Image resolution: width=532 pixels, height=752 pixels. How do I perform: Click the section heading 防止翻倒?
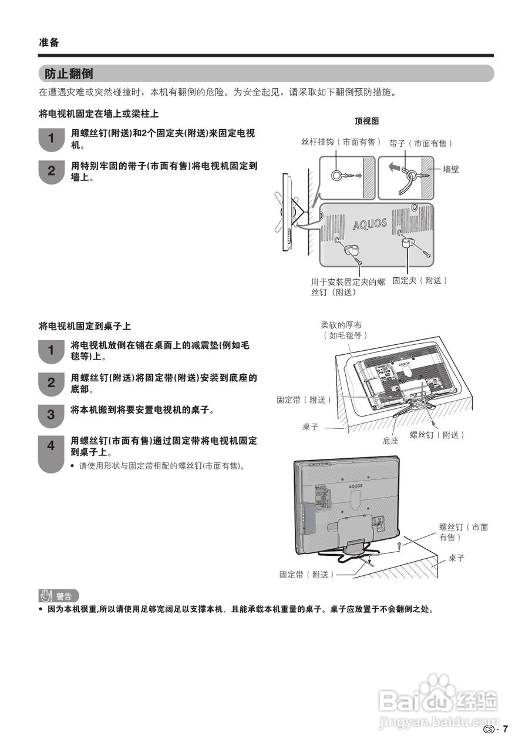(x=69, y=73)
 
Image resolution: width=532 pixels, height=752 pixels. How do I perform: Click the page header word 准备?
(x=49, y=42)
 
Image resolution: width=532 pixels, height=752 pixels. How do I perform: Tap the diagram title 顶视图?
(x=366, y=121)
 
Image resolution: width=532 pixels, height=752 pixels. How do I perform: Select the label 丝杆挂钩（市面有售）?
(x=341, y=143)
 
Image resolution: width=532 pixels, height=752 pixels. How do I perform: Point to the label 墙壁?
(x=451, y=169)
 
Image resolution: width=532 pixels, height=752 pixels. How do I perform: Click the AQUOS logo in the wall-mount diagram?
(x=370, y=224)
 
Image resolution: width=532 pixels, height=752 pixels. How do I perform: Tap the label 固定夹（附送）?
(x=420, y=281)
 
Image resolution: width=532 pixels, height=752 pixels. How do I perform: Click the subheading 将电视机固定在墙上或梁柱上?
(x=98, y=113)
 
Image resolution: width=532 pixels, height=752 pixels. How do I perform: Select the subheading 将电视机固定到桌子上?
(x=85, y=325)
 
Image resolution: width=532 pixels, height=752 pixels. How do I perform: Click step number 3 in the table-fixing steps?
(x=50, y=414)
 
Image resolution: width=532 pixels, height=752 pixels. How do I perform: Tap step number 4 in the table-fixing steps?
(x=50, y=446)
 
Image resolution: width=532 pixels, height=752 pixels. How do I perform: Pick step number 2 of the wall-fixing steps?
(x=51, y=171)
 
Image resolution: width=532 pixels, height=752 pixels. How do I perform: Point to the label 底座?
(x=390, y=440)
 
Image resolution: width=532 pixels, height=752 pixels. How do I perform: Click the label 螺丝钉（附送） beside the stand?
(x=437, y=435)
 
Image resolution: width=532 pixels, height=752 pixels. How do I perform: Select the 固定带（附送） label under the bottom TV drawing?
(x=307, y=575)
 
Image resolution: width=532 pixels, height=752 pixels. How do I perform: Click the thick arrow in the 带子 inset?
(x=396, y=169)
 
